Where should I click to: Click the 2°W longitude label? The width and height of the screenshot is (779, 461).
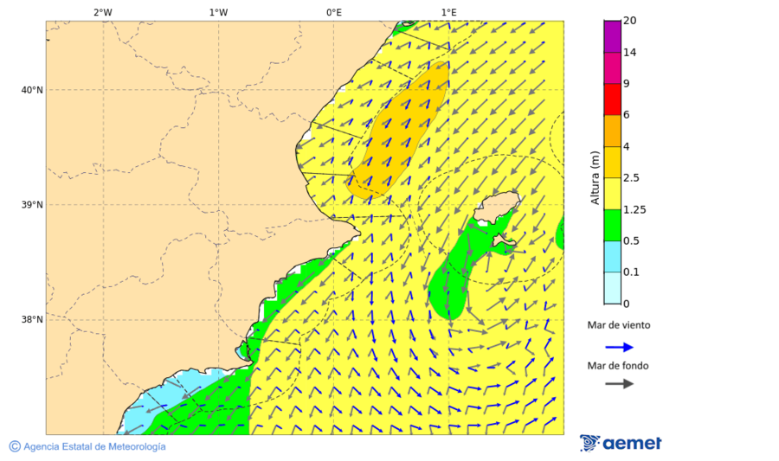(x=102, y=12)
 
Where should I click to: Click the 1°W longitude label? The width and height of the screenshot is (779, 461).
(x=218, y=12)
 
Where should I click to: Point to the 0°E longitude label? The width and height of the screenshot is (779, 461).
(x=333, y=12)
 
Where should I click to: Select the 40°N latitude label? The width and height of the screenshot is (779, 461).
(x=32, y=90)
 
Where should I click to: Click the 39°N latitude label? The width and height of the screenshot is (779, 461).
(x=32, y=205)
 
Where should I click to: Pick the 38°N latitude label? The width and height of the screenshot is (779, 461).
(x=32, y=320)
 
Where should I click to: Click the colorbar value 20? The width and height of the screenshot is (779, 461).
(x=630, y=21)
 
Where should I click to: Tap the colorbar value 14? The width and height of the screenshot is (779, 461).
(x=630, y=52)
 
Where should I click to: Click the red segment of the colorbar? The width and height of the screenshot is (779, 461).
(x=612, y=99)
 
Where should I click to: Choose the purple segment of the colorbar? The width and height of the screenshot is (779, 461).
(x=612, y=35)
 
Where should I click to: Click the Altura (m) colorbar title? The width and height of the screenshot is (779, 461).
(x=595, y=177)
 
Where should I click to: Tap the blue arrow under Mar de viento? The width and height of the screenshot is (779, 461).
(x=619, y=347)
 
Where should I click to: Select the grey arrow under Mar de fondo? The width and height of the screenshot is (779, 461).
(x=619, y=384)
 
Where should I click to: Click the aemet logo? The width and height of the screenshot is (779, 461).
(x=621, y=443)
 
